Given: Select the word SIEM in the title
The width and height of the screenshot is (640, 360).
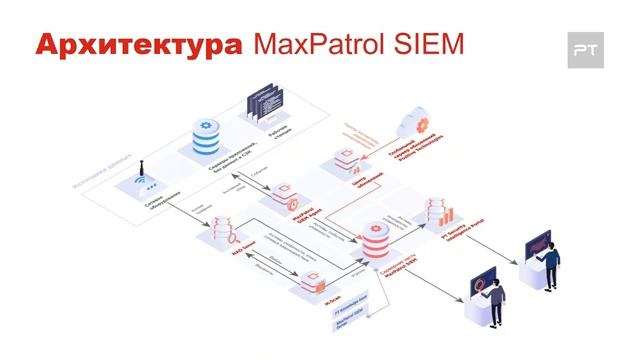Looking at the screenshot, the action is [430, 46].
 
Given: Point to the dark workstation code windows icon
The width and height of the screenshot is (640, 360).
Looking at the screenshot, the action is [269, 107].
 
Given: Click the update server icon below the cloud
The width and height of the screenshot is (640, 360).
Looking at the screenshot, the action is [346, 165].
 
